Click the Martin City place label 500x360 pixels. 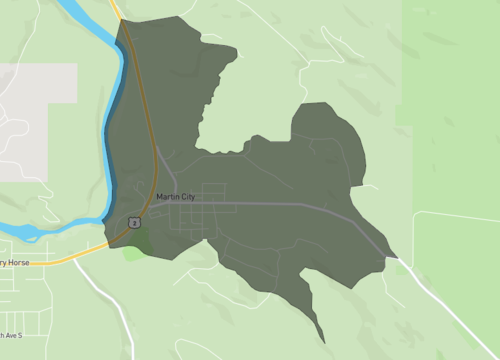(x=175, y=196)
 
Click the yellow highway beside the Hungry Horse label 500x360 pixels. (x=60, y=259)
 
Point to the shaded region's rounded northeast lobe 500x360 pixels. (x=330, y=130)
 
